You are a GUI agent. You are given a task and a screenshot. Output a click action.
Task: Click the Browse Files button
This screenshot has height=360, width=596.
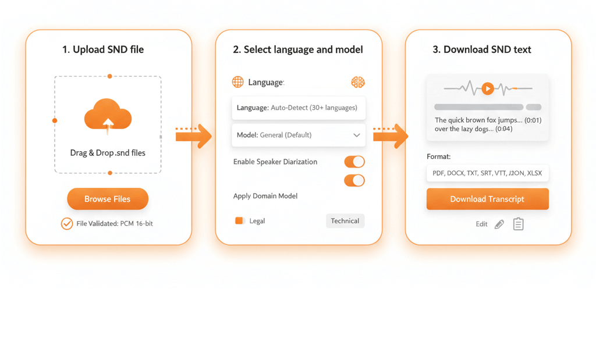[108, 198]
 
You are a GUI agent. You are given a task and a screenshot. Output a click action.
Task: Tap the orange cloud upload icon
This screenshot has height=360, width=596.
[108, 115]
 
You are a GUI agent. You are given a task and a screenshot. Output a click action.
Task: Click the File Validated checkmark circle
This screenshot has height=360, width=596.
[67, 224]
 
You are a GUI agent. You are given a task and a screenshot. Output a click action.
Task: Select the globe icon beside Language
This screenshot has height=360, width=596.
[238, 82]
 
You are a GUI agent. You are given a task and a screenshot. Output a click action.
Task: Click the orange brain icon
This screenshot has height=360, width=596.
[358, 82]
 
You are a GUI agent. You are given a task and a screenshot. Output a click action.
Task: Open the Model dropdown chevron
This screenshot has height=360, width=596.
[357, 135]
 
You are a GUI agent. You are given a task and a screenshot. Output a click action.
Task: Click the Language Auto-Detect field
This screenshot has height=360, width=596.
[299, 108]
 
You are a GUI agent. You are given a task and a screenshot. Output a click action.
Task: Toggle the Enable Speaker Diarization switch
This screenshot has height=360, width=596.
[354, 162]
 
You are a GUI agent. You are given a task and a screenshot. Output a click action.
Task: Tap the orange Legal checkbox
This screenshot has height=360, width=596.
[239, 220]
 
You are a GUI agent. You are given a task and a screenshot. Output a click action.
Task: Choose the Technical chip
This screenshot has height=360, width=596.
[345, 221]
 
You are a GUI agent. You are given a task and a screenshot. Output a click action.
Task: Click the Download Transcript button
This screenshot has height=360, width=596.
[487, 199]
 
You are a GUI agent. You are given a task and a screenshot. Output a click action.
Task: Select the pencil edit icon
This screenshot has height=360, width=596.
[499, 224]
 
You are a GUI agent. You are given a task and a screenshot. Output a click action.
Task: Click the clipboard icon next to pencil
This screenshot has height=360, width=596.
[518, 224]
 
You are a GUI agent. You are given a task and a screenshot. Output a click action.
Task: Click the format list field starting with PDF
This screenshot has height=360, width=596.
[487, 173]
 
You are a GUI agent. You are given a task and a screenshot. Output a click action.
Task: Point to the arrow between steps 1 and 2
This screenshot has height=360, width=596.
[193, 136]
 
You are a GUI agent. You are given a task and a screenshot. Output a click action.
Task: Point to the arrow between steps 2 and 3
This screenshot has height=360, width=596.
[391, 136]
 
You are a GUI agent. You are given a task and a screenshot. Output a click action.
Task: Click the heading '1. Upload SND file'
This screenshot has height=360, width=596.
[103, 50]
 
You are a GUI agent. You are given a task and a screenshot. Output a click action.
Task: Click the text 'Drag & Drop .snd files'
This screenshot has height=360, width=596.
[108, 152]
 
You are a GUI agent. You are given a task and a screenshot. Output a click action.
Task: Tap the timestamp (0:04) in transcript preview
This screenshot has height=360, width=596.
[503, 129]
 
